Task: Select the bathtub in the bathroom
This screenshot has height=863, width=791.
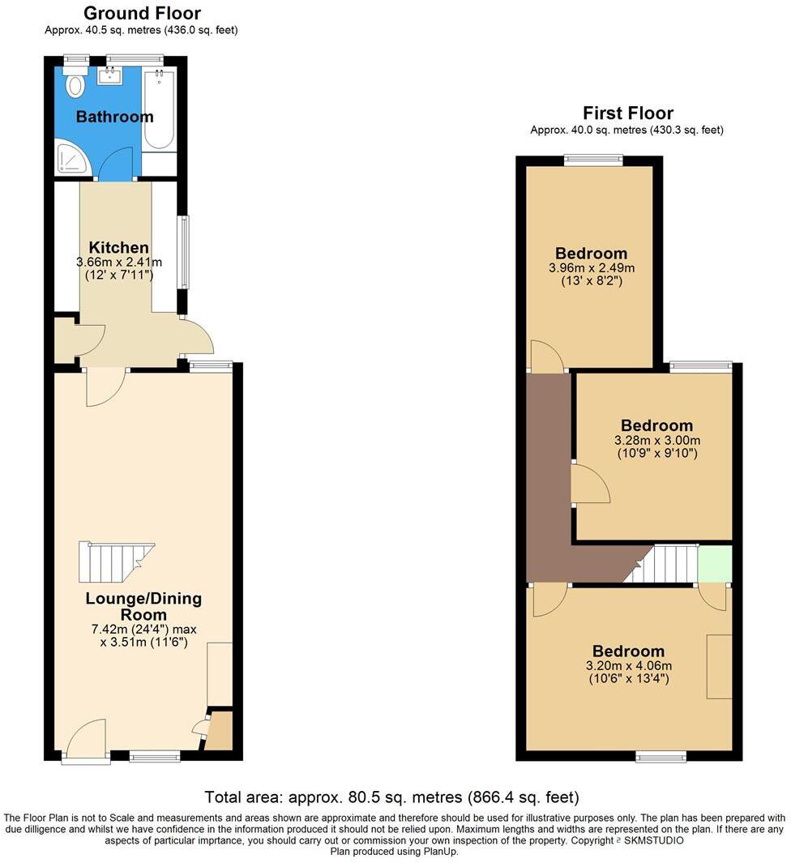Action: [x=160, y=109]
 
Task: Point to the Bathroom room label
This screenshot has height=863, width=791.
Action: [x=114, y=117]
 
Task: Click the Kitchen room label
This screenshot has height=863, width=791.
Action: [x=118, y=247]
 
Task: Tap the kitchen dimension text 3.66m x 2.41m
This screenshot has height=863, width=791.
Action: [x=118, y=262]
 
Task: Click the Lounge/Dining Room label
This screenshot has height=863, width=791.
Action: [x=143, y=607]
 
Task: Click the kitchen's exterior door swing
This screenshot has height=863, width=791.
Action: [x=197, y=335]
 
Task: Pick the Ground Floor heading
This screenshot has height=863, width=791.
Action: [x=142, y=13]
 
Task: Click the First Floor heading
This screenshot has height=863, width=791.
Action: [x=627, y=113]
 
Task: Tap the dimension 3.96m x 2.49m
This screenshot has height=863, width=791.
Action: [x=591, y=267]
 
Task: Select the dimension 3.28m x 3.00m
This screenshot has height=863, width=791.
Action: [x=656, y=440]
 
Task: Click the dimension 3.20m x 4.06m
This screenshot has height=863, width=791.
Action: [x=628, y=665]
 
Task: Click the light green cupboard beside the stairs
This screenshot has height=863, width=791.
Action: [x=714, y=562]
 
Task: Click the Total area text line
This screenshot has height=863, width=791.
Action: [x=391, y=797]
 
